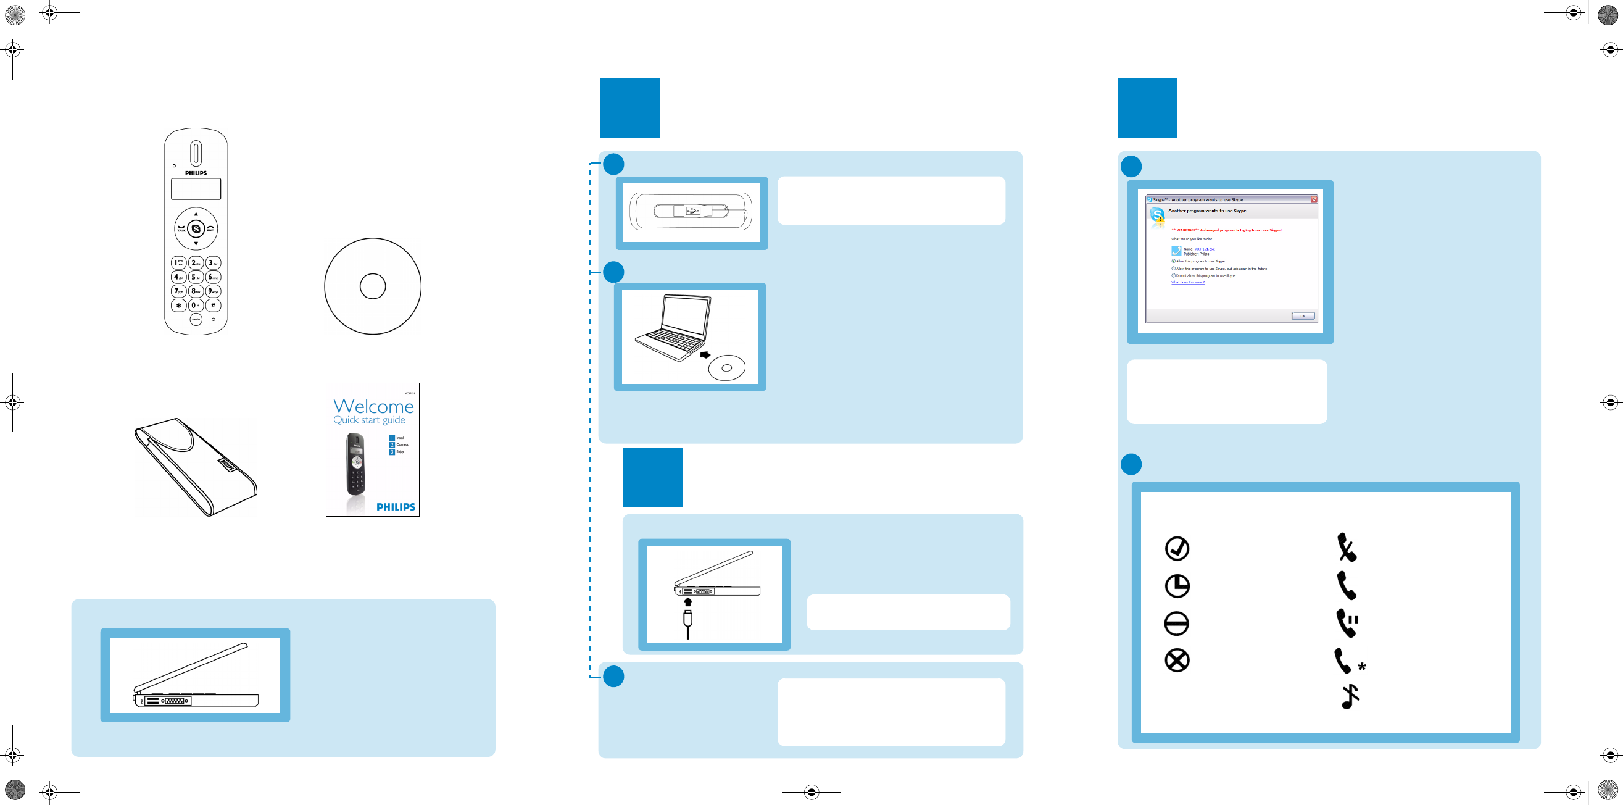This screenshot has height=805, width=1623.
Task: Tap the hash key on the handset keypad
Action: tap(213, 305)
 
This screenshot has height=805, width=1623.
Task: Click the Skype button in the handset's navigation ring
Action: tap(196, 229)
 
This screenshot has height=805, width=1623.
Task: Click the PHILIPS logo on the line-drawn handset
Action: tap(196, 173)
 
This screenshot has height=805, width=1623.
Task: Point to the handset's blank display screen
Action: tap(196, 188)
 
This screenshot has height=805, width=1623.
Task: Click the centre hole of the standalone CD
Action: tap(372, 286)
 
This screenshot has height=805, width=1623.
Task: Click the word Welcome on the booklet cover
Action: tap(373, 406)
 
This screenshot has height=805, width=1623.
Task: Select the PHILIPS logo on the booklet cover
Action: tap(396, 507)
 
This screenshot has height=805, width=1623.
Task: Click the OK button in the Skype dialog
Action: tap(1302, 316)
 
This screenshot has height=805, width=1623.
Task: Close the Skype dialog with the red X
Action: tap(1314, 200)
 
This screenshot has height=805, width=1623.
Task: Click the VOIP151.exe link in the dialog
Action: tap(1205, 249)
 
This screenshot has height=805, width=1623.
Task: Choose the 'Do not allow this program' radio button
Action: tap(1173, 275)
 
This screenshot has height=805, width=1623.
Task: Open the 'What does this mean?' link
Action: tap(1188, 282)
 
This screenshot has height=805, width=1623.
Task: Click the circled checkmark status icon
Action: tap(1177, 548)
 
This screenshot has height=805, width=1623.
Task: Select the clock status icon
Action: tap(1177, 586)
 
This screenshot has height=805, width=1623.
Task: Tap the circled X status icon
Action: tap(1177, 661)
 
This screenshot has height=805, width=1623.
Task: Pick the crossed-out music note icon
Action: tap(1349, 696)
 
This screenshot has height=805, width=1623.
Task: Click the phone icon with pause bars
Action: tap(1347, 623)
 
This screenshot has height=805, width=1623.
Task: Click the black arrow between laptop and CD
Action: tap(705, 355)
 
